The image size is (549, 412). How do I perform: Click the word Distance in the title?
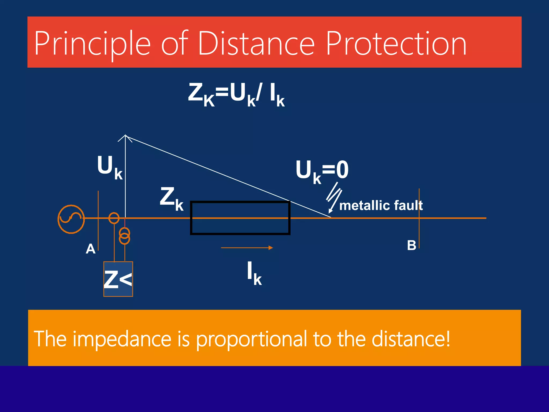[256, 43]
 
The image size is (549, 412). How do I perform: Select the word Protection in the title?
[396, 43]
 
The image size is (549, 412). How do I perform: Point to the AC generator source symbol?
[71, 219]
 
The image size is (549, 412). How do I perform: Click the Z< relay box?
[118, 279]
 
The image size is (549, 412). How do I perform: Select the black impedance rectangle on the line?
[240, 218]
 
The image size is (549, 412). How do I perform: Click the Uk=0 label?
[322, 171]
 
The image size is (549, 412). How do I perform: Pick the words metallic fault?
[381, 206]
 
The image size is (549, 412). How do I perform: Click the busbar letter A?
[91, 249]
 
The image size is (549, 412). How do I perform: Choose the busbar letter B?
[411, 245]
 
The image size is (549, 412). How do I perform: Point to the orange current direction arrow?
[247, 248]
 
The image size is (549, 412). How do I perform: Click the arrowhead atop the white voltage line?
[125, 137]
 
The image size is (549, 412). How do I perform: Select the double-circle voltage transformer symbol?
[125, 236]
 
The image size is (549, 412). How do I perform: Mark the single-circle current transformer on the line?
[114, 218]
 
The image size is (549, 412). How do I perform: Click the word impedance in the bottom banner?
[122, 339]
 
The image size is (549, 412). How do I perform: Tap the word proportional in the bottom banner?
[251, 339]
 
